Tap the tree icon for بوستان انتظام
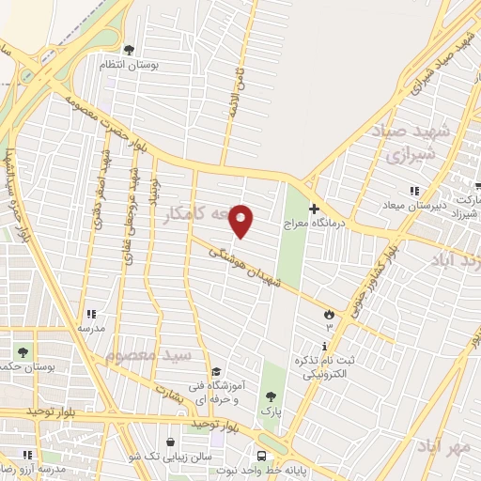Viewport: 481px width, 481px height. pos(129,50)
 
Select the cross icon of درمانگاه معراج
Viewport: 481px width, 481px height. pos(314,209)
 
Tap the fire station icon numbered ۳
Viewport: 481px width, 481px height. pos(329,315)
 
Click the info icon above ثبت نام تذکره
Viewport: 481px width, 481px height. pos(323,348)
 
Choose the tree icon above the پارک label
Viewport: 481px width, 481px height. pos(272,397)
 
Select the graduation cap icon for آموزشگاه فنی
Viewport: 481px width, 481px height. pos(217,372)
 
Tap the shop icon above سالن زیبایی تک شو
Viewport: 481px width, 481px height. pos(170,442)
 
